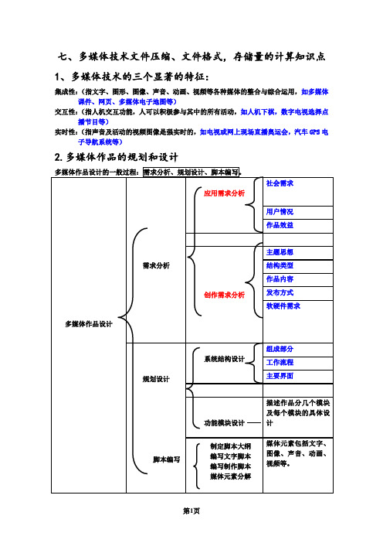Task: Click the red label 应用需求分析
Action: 224,193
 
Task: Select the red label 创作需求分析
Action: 224,295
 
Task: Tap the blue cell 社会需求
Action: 280,183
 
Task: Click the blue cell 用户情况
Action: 280,212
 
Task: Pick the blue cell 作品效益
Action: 280,225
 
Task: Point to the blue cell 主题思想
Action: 280,252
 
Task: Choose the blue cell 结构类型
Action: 280,265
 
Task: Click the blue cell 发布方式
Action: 280,292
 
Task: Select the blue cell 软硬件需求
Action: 283,306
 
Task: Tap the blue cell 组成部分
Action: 280,349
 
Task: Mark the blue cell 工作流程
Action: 280,363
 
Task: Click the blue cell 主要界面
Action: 280,376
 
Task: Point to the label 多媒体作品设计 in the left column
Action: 89,324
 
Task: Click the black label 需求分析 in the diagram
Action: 156,265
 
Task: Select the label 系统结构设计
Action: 224,359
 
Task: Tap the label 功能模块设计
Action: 224,423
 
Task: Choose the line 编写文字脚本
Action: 231,456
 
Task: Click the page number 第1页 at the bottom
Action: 191,511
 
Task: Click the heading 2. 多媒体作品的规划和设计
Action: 116,157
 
